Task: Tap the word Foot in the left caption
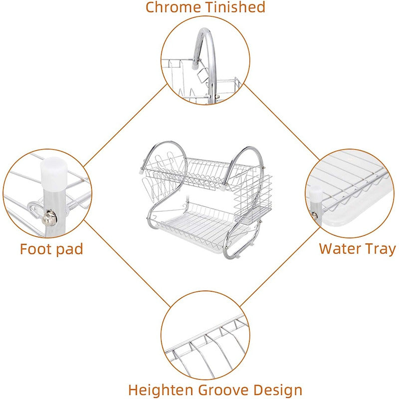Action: tap(36, 249)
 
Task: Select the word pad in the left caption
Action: tap(68, 249)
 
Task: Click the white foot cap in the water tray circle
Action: tap(316, 194)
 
